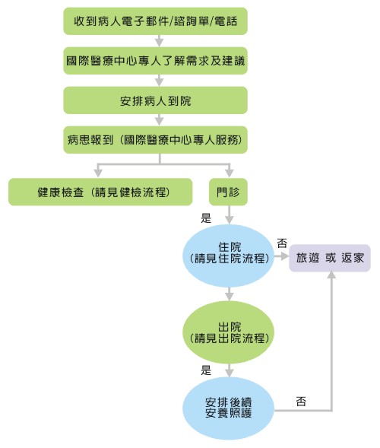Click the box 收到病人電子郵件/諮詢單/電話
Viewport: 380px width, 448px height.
(x=155, y=21)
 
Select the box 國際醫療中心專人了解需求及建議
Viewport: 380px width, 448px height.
(x=155, y=61)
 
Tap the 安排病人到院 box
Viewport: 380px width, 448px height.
(x=155, y=100)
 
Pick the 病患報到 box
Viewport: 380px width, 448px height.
(x=155, y=140)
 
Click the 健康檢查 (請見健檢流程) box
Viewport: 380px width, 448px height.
(x=100, y=192)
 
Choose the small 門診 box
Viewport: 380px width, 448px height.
(x=228, y=192)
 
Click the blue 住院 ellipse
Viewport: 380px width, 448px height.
(x=229, y=256)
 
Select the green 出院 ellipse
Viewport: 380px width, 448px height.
(x=229, y=332)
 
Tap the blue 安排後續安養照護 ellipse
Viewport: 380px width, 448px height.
(x=229, y=408)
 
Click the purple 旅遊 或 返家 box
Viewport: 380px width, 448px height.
(x=330, y=258)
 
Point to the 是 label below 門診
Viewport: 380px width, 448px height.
(x=206, y=218)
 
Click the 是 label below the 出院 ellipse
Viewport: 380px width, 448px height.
(x=206, y=370)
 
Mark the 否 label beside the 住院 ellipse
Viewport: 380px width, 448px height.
(x=282, y=243)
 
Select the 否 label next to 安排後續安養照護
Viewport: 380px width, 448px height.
(x=301, y=402)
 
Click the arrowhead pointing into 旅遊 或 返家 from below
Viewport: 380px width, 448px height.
(x=331, y=275)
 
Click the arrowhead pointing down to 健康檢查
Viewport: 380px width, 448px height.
(x=98, y=173)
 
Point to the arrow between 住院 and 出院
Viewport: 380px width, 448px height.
(x=229, y=294)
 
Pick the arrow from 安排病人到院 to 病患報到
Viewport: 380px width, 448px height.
(x=160, y=120)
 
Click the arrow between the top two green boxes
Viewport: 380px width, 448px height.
(x=160, y=41)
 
